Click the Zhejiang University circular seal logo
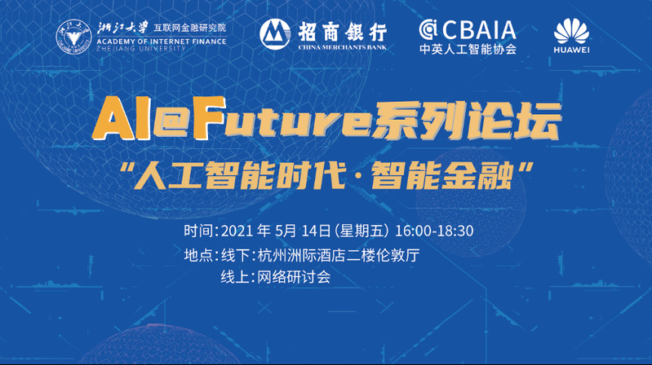click(x=73, y=37)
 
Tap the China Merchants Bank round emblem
click(x=275, y=34)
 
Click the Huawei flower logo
click(x=572, y=31)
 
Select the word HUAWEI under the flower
click(x=572, y=50)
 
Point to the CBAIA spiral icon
click(x=428, y=29)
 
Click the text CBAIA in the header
click(x=479, y=30)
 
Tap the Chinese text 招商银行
click(x=343, y=32)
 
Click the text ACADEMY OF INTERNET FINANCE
click(x=162, y=41)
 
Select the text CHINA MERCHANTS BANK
click(x=342, y=47)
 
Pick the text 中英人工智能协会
click(x=468, y=50)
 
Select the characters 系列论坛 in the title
click(x=467, y=121)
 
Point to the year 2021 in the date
click(x=237, y=231)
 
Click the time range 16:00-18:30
click(x=433, y=231)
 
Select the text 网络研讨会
click(x=294, y=277)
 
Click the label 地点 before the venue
click(x=198, y=255)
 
